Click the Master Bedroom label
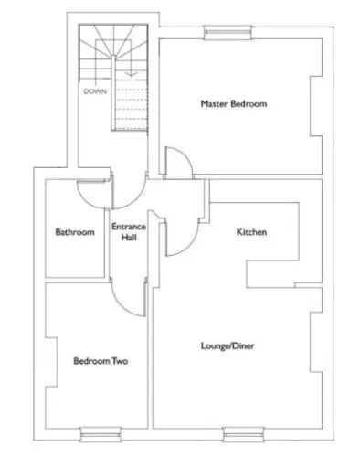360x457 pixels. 234,103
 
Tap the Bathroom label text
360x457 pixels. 75,232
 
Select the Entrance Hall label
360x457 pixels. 129,232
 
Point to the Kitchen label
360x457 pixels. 251,232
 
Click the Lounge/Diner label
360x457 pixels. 228,345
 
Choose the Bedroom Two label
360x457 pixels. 101,361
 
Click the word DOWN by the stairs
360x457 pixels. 95,91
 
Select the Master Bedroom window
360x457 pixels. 228,33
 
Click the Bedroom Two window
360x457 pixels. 101,434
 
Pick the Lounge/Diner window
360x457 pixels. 243,434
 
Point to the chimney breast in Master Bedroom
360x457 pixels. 316,106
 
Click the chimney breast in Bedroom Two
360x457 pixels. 51,362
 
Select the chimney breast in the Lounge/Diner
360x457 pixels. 316,342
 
